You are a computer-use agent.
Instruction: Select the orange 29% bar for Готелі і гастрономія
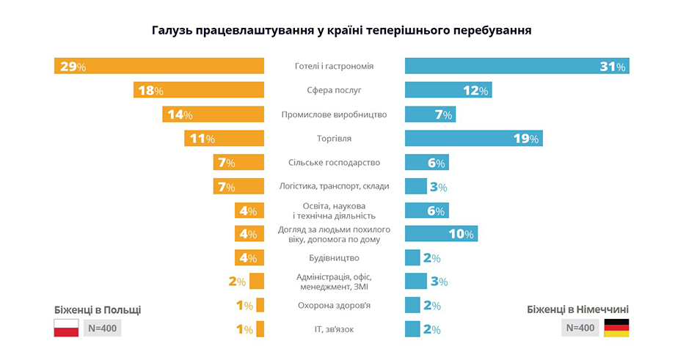[159, 66]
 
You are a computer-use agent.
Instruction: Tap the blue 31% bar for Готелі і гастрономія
[517, 66]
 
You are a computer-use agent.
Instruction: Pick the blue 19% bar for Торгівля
[473, 138]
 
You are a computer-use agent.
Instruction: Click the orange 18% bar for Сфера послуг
[199, 90]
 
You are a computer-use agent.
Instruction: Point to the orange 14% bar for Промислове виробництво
[213, 114]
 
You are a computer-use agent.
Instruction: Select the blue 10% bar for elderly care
[441, 234]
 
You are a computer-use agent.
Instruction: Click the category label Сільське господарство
[334, 162]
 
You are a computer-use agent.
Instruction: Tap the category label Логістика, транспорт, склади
[334, 186]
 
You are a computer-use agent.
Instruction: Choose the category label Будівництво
[334, 258]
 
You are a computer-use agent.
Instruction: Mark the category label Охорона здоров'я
[334, 305]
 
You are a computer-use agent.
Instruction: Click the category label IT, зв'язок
[334, 329]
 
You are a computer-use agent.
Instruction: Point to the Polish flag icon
[66, 328]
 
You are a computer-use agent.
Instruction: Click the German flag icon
[616, 328]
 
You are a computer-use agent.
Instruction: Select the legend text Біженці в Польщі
[98, 309]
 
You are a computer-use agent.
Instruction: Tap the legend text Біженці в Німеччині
[577, 309]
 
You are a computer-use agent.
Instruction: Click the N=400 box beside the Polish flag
[102, 328]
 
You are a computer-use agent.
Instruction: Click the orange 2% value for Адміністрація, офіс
[236, 282]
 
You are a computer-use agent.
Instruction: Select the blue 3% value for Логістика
[438, 187]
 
